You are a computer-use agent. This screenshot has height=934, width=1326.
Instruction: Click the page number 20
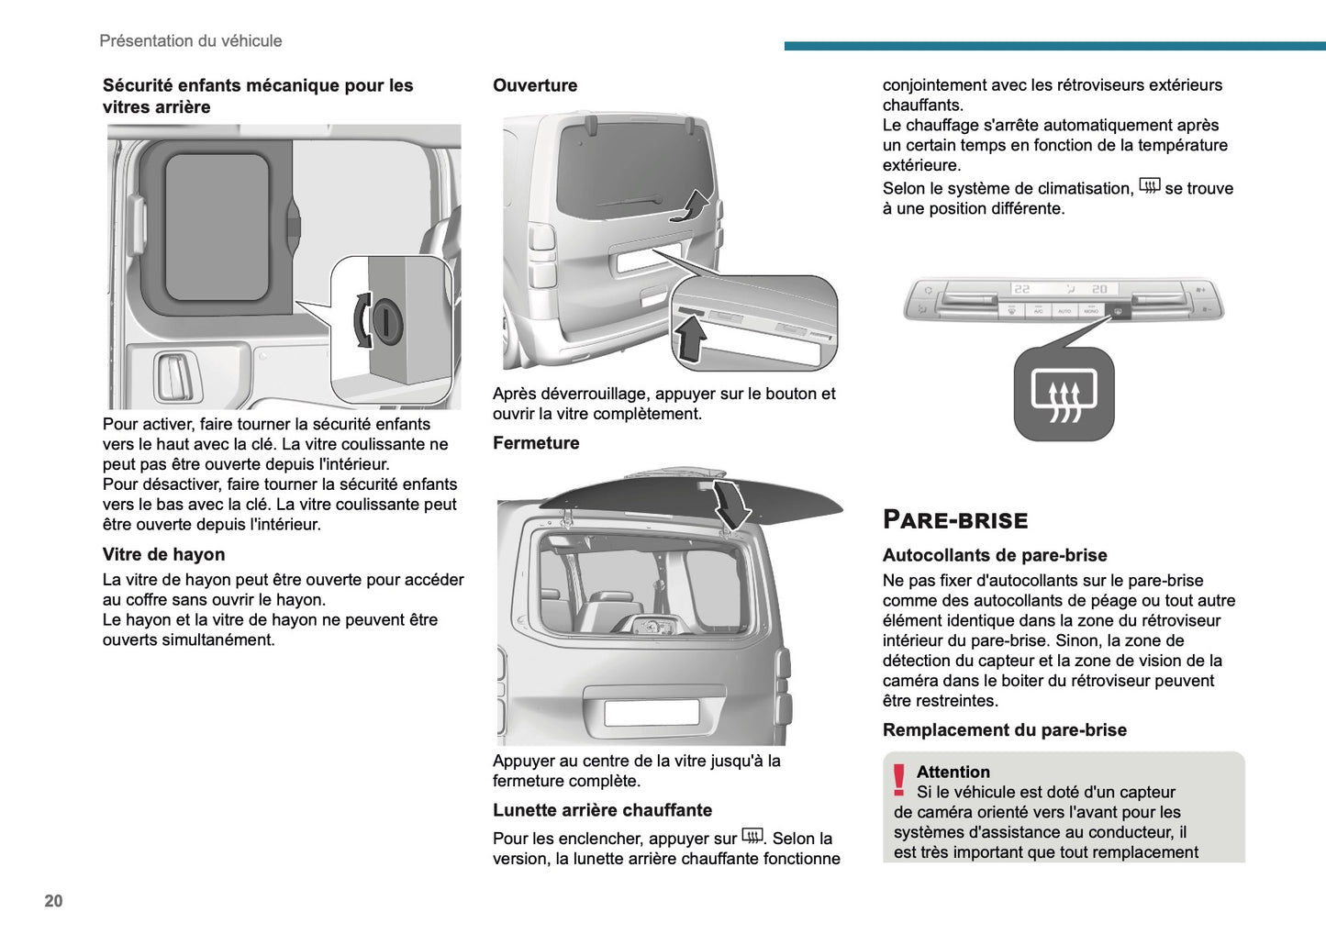tap(53, 901)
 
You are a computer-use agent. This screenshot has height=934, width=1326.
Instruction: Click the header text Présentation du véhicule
tap(191, 40)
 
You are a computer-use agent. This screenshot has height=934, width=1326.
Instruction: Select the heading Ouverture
tap(535, 85)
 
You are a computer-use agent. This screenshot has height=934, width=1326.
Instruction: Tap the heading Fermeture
tap(536, 443)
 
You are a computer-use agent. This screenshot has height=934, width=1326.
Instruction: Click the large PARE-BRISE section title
tap(954, 520)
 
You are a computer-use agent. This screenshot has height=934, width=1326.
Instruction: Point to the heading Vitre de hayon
tap(163, 554)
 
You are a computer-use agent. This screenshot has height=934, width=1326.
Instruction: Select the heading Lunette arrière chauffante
tap(602, 810)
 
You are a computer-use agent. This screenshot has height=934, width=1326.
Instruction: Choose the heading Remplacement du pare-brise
tap(1004, 730)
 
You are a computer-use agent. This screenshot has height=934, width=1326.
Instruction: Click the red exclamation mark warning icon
tap(898, 780)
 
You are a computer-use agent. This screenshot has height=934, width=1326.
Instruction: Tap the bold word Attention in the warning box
tap(953, 772)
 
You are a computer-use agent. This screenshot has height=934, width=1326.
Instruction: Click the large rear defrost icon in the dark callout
tap(1064, 395)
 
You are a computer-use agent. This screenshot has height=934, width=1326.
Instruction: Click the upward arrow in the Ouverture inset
tap(690, 339)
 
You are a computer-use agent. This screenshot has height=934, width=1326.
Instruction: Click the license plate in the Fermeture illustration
tap(652, 713)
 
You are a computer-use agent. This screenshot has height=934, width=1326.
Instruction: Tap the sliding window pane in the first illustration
tap(217, 227)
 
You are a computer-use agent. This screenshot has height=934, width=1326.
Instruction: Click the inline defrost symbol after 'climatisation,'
tap(1149, 186)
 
